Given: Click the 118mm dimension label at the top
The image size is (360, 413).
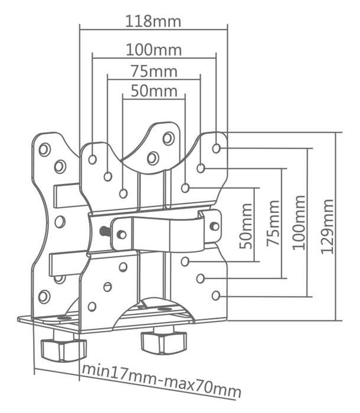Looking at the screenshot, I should point(153,22).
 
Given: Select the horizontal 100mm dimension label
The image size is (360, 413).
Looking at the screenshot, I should point(153,50).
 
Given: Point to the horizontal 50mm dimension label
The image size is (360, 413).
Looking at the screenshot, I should point(153,91).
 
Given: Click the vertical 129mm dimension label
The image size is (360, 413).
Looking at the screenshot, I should point(328,226).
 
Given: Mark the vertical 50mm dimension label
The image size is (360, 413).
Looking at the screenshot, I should point(247,225).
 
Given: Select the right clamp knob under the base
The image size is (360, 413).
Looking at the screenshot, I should point(163,341).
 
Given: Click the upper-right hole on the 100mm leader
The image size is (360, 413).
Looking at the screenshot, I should point(217,148).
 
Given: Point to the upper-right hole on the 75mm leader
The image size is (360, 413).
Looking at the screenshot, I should point(201,168).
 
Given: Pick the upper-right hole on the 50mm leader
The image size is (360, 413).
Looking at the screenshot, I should point(185,188).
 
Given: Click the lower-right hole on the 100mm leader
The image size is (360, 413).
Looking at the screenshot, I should point(216,295).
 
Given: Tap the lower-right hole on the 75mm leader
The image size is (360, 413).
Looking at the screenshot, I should point(201,278).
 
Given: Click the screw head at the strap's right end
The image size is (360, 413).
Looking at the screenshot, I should point(214,226).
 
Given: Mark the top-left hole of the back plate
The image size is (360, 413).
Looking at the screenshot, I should point(44,149).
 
